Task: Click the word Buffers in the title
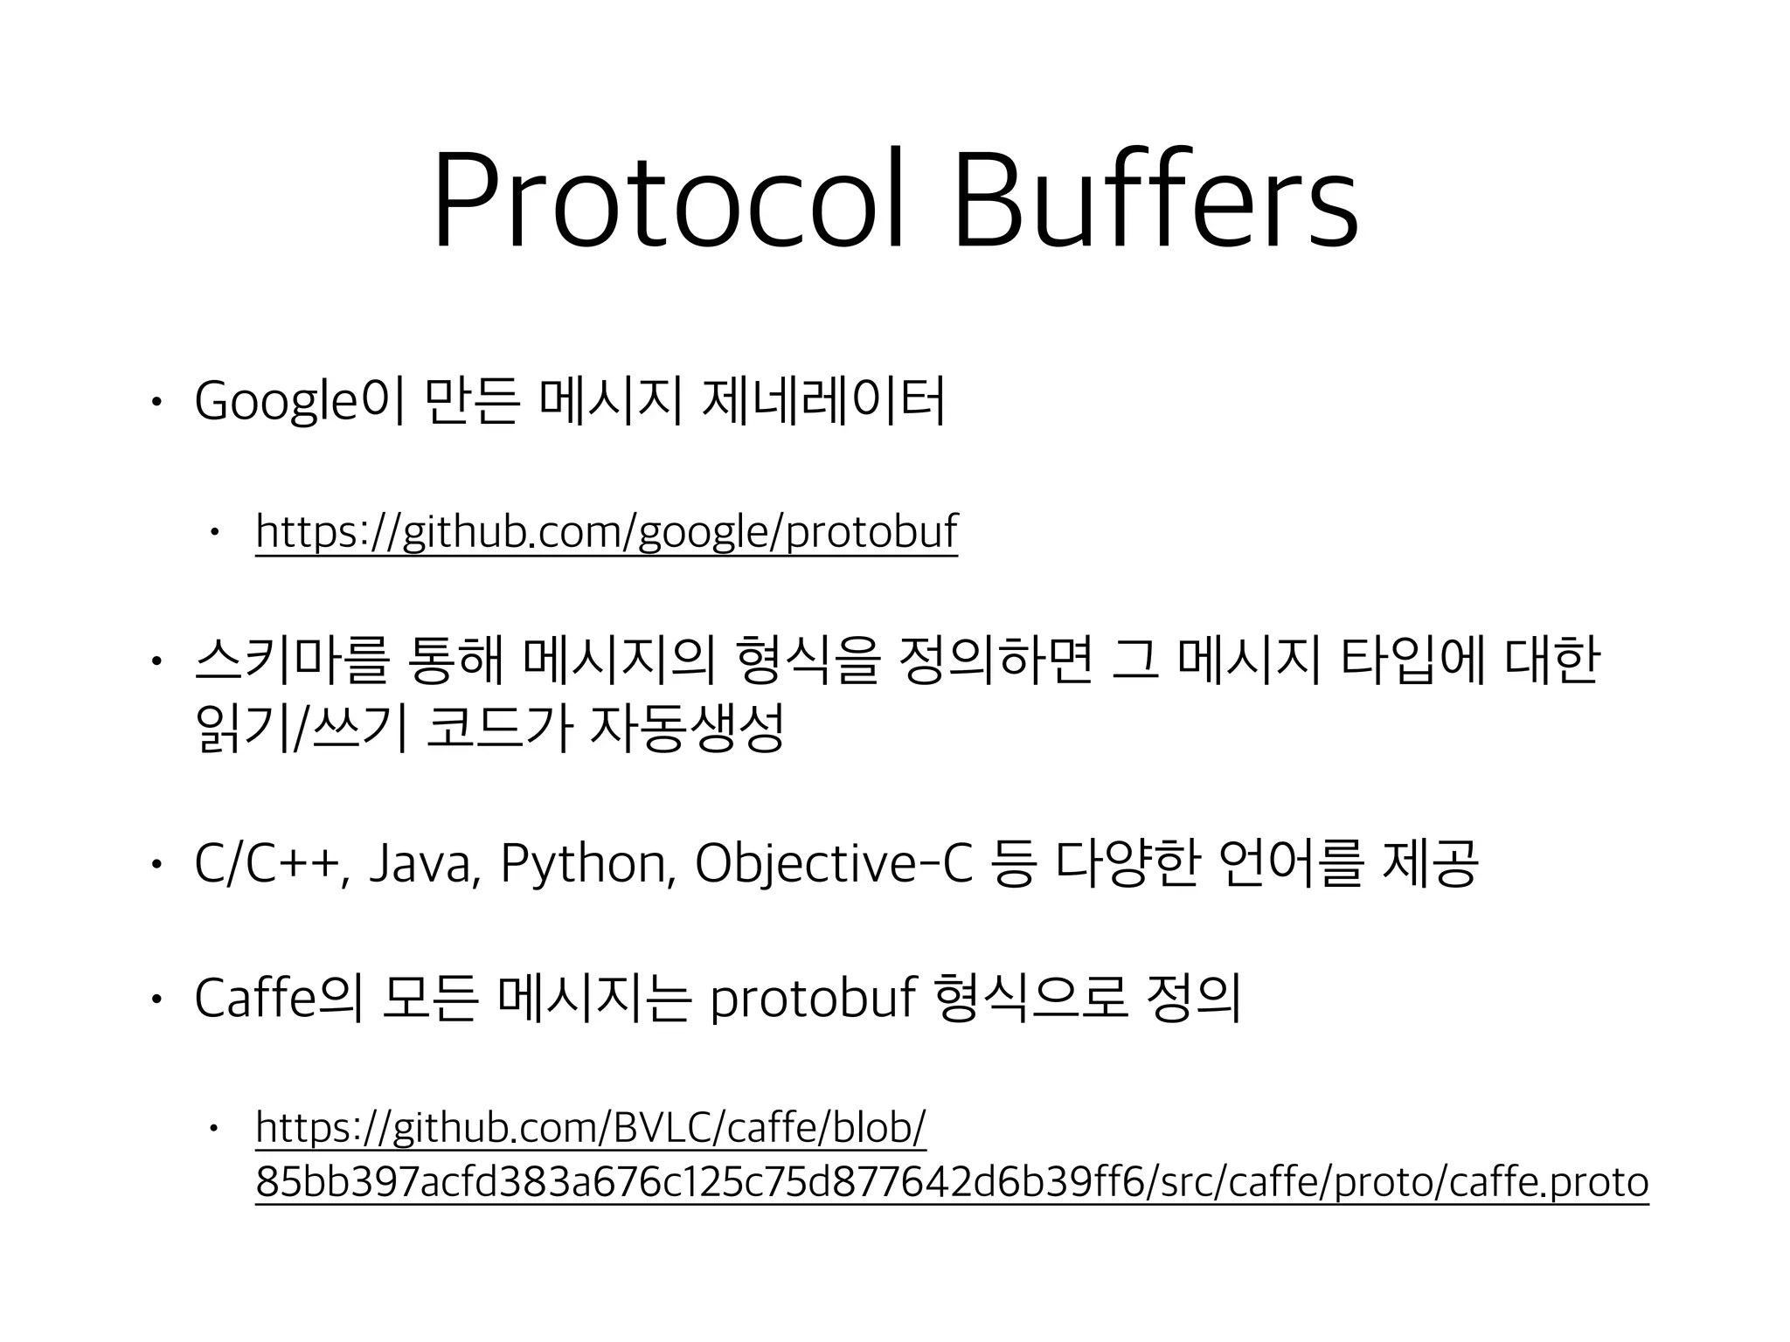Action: [x=1155, y=202]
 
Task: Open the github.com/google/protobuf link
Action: [x=607, y=531]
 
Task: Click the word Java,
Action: [x=425, y=864]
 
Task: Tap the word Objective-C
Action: [x=833, y=864]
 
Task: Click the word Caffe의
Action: [x=278, y=999]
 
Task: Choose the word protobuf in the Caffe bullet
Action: [x=812, y=999]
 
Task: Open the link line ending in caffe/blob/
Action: [x=591, y=1128]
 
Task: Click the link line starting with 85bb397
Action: [x=952, y=1182]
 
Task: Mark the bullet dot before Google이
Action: [x=155, y=404]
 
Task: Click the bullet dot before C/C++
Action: [x=155, y=865]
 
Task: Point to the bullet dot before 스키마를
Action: [x=155, y=661]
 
